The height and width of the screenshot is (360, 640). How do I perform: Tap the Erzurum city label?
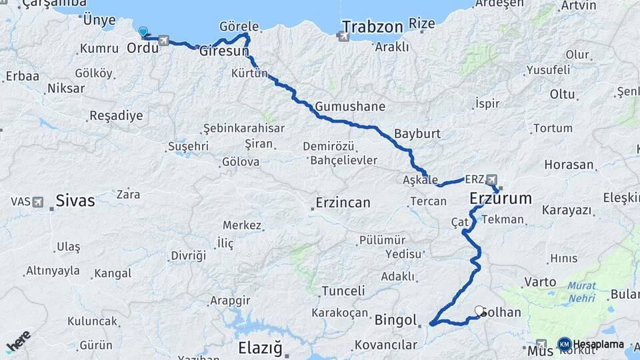(501, 198)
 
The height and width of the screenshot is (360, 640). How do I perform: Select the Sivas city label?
(75, 200)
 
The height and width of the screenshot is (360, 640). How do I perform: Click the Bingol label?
(396, 319)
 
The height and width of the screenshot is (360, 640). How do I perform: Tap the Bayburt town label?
(417, 133)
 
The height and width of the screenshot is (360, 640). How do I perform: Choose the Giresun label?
(224, 51)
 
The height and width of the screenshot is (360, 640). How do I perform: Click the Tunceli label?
(343, 291)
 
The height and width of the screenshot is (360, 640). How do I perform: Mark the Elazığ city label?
(261, 348)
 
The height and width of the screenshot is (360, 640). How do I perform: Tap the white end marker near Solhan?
(479, 310)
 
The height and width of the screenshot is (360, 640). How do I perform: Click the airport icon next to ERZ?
(492, 179)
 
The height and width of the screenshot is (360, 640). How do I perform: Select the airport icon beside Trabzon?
(344, 36)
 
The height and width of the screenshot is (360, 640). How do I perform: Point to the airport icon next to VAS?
(37, 201)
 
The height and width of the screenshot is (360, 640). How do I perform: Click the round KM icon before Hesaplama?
(564, 344)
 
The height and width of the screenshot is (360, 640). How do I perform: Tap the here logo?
(18, 341)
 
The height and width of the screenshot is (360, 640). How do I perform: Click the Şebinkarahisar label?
(244, 128)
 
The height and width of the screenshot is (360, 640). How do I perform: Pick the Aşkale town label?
(421, 180)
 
